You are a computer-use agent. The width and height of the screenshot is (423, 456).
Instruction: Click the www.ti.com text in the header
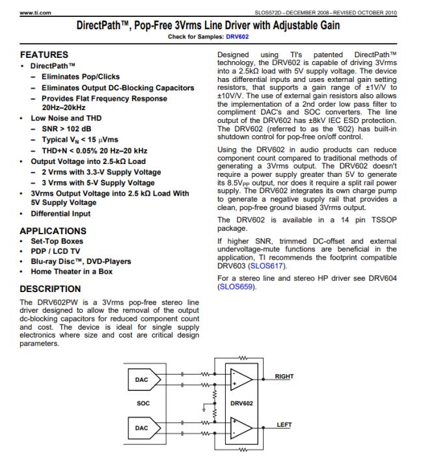(33, 13)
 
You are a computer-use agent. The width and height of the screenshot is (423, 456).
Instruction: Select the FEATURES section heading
(44, 55)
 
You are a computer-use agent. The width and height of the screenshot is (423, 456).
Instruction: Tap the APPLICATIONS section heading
(53, 231)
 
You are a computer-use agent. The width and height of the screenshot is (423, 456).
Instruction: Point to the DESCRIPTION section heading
(50, 288)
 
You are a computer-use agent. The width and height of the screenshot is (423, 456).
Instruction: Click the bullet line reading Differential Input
(61, 213)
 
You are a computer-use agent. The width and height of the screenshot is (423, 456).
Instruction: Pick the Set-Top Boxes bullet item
(57, 241)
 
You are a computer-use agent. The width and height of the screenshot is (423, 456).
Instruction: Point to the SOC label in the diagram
(143, 403)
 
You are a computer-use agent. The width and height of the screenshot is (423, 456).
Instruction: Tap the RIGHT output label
(284, 377)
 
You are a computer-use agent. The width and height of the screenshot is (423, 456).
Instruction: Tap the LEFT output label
(284, 425)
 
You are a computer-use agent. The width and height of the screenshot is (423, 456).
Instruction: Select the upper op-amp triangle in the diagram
(239, 379)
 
